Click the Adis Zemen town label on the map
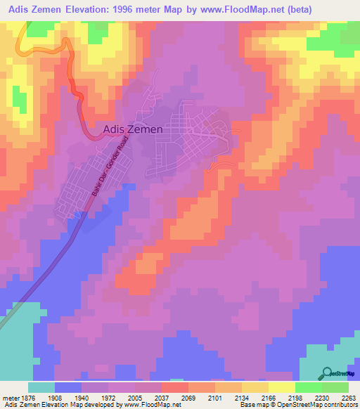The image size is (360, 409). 133,129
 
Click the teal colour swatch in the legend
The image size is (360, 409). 41,387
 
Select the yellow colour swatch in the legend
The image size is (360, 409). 282,387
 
